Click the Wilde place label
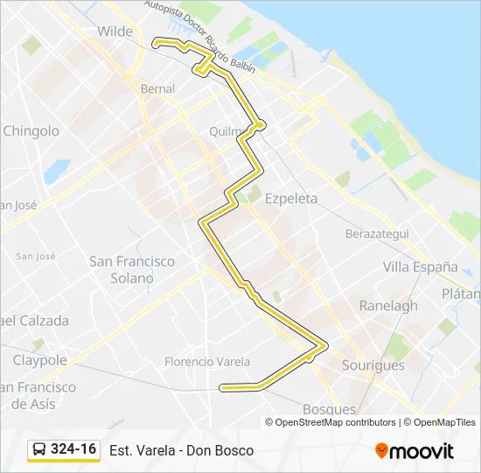[x=115, y=32]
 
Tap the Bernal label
[x=157, y=88]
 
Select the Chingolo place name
[x=31, y=131]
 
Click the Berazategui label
[x=377, y=235]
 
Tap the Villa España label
[x=421, y=266]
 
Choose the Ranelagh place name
[x=388, y=307]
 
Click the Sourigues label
[x=373, y=365]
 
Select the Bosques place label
[x=329, y=409]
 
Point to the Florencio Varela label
[x=207, y=362]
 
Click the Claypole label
[x=39, y=360]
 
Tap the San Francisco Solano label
[x=132, y=270]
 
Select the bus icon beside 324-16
[x=39, y=450]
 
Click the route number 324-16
[x=73, y=449]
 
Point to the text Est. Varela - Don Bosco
[x=182, y=450]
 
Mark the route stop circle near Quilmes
[x=261, y=125]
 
